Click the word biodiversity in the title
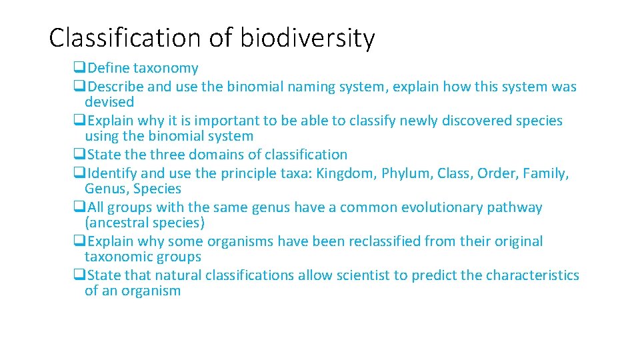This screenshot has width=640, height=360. pyautogui.click(x=307, y=38)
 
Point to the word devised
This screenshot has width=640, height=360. pyautogui.click(x=109, y=102)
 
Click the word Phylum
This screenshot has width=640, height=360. pyautogui.click(x=407, y=173)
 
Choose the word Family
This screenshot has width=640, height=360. pyautogui.click(x=545, y=173)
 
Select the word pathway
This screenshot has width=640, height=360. pyautogui.click(x=515, y=207)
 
